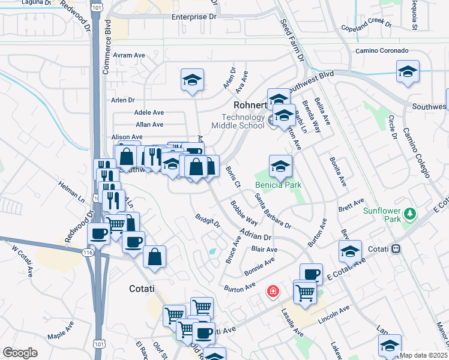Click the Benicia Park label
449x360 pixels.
(278, 185)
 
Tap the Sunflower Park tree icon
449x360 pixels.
(410, 214)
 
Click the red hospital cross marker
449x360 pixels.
(273, 292)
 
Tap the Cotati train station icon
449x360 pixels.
(396, 248)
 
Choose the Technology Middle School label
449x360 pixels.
(238, 121)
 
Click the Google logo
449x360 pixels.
(20, 353)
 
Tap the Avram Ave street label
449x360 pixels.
(131, 55)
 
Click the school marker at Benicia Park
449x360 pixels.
(280, 166)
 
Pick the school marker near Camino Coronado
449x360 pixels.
(408, 72)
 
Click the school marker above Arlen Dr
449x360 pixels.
(192, 80)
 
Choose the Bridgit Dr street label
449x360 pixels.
(208, 220)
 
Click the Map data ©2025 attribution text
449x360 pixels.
(423, 355)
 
